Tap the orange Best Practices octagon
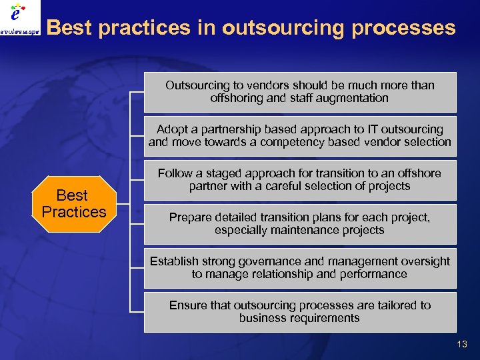coord(74,204)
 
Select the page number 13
coord(462,344)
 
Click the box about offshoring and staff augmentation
coord(300,92)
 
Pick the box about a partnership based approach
coord(300,136)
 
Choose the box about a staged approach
coord(300,180)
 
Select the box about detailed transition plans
coord(300,224)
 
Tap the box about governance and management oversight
coord(300,268)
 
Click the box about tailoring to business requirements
coord(300,312)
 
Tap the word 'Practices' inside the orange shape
coord(74,213)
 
